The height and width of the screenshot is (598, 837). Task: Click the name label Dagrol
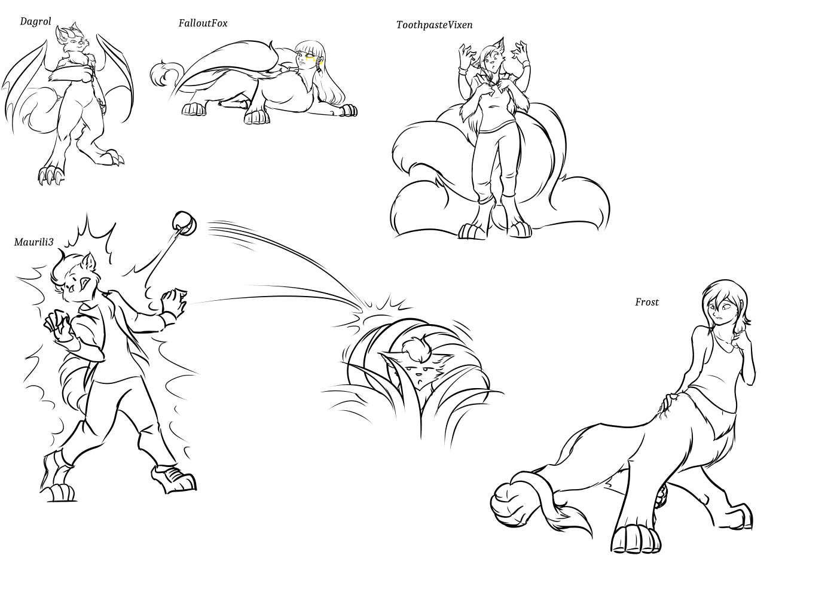pyautogui.click(x=35, y=22)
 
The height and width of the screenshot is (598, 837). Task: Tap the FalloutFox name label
pyautogui.click(x=203, y=23)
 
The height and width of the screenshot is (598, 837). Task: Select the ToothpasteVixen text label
pyautogui.click(x=435, y=25)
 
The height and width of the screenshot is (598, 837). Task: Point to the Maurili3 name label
pyautogui.click(x=33, y=242)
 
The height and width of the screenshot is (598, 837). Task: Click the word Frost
pyautogui.click(x=647, y=302)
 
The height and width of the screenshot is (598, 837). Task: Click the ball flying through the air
pyautogui.click(x=184, y=223)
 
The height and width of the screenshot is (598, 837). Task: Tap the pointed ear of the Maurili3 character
pyautogui.click(x=90, y=262)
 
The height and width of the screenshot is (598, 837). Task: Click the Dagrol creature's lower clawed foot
pyautogui.click(x=50, y=174)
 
